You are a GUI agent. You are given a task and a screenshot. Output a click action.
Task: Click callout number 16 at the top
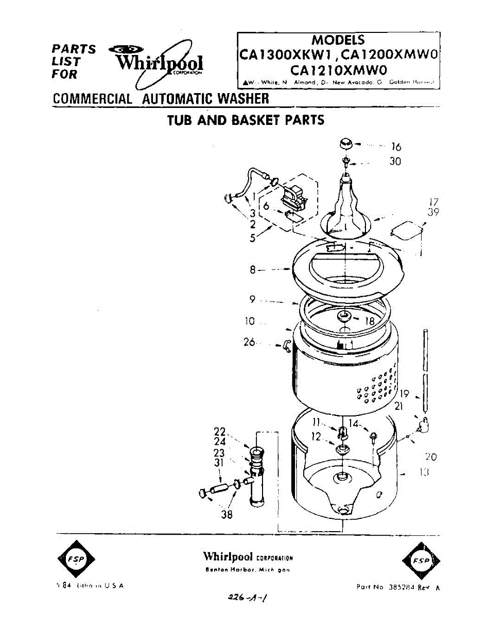click(x=396, y=147)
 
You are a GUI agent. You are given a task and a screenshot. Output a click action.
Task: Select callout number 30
click(x=395, y=162)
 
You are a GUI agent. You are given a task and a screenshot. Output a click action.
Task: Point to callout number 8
click(x=253, y=269)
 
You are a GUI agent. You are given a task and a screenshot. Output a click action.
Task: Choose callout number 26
click(x=250, y=342)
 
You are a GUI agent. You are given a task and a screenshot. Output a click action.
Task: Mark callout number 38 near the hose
click(x=226, y=514)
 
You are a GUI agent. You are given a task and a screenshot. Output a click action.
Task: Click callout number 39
click(x=433, y=212)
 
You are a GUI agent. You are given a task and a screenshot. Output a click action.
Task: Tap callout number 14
click(x=353, y=424)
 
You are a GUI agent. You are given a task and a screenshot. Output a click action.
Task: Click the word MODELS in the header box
click(x=338, y=40)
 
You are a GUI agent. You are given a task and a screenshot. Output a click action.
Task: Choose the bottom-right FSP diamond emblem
click(x=421, y=560)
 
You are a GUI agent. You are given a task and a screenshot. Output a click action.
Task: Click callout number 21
click(x=398, y=407)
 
